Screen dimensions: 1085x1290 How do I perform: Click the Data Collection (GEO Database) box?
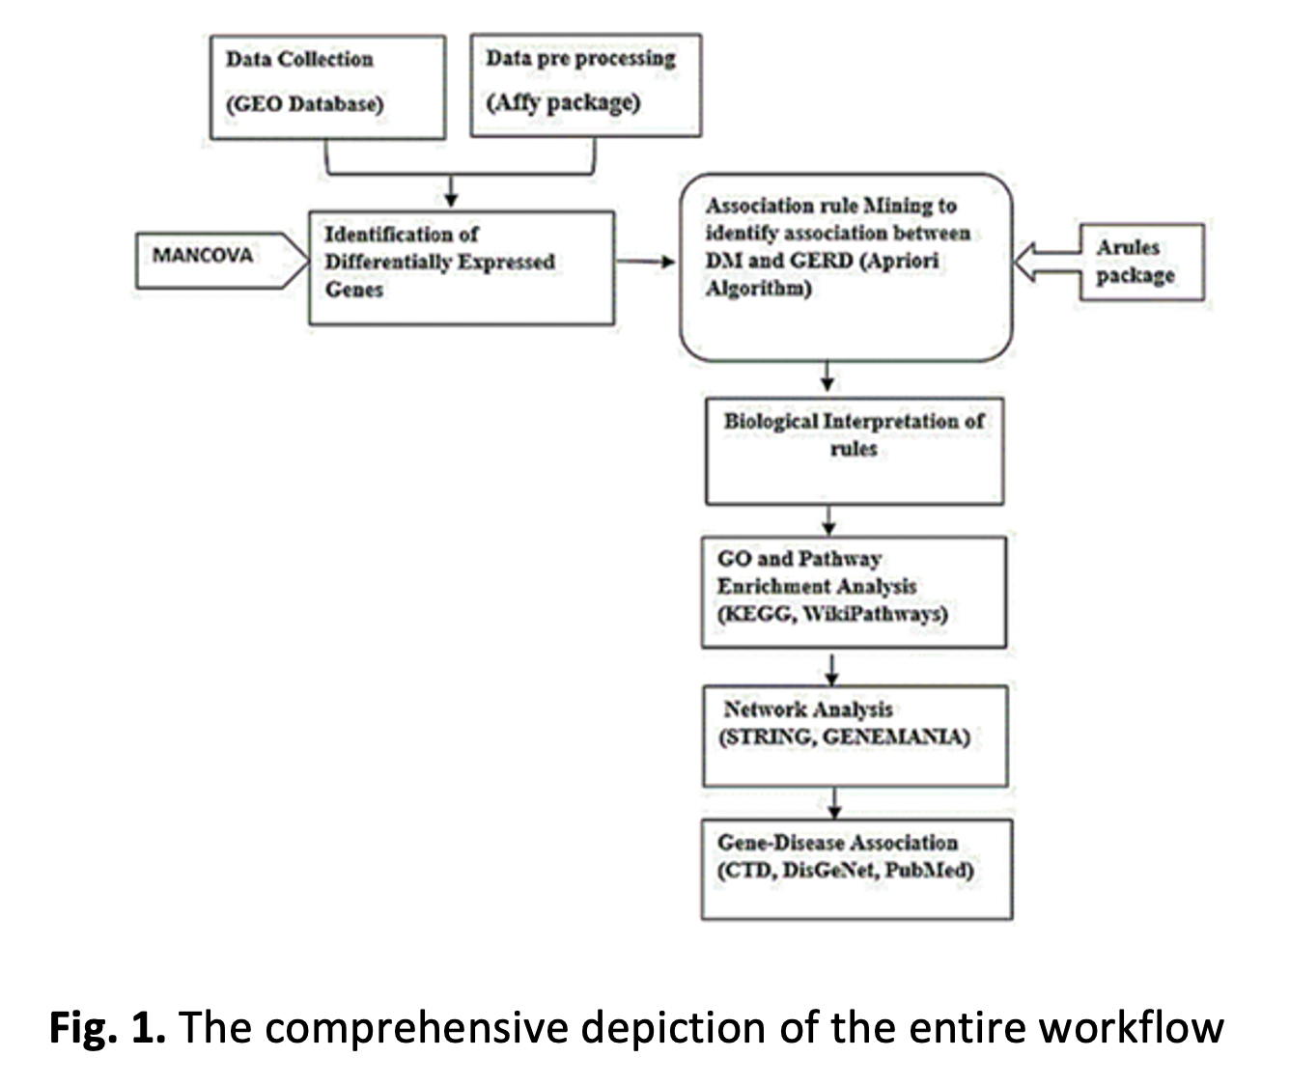click(327, 87)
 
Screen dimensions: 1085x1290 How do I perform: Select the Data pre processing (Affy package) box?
click(585, 85)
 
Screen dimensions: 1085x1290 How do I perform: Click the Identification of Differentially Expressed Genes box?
click(461, 267)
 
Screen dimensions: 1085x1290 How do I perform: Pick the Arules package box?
click(1141, 262)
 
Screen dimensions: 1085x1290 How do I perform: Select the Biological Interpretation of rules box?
click(854, 451)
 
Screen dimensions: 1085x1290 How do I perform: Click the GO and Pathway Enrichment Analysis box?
click(854, 592)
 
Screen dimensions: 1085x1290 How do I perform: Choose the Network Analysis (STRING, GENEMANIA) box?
click(855, 735)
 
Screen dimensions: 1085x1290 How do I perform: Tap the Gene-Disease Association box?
click(855, 868)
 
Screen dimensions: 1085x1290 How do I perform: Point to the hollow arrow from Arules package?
click(1047, 262)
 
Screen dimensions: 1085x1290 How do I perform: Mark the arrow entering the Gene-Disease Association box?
click(835, 802)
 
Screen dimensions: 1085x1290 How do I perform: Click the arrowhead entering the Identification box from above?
click(451, 198)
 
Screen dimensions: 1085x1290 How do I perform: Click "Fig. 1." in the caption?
click(107, 1027)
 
